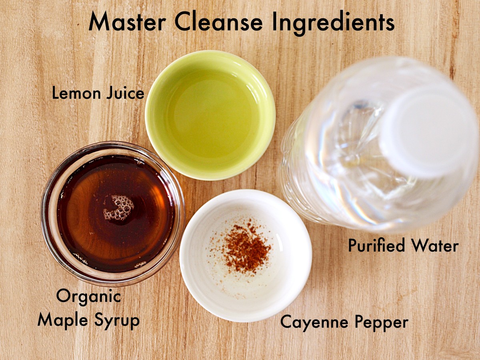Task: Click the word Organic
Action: (x=88, y=297)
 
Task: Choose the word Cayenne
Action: (x=312, y=322)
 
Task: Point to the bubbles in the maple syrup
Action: (x=119, y=207)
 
